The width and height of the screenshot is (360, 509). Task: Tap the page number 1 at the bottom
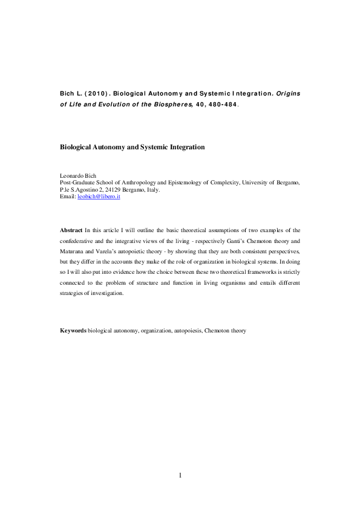[x=180, y=475]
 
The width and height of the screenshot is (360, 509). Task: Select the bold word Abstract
[x=71, y=230]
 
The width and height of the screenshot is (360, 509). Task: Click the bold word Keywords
[x=73, y=331]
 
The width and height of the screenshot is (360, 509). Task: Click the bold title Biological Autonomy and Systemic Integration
[x=132, y=147]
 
